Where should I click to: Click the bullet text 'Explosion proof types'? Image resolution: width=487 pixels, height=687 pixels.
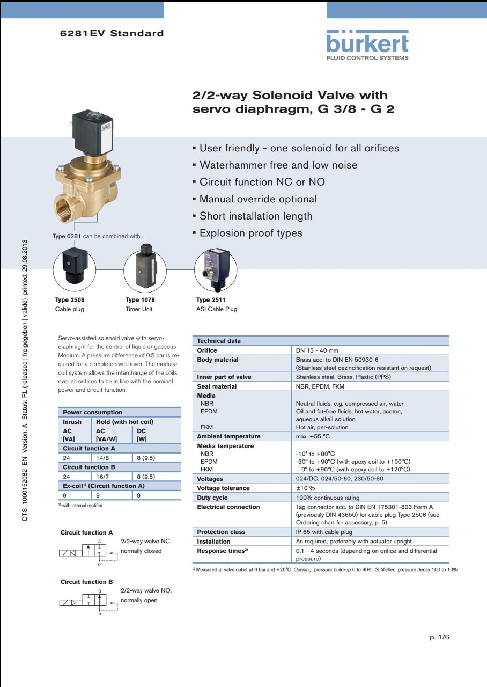click(250, 233)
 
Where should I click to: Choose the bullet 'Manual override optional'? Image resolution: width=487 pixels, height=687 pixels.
click(257, 199)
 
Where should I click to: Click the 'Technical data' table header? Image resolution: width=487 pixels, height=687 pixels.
click(219, 341)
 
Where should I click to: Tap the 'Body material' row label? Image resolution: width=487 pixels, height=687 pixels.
click(218, 360)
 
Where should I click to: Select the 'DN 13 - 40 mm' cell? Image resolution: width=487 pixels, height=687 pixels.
click(317, 350)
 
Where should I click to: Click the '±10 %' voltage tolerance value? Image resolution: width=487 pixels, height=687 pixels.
click(305, 488)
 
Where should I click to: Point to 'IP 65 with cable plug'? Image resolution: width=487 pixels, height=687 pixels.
click(324, 532)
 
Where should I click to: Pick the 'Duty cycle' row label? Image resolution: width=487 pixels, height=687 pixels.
click(212, 498)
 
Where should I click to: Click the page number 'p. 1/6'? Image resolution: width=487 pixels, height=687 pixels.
click(439, 637)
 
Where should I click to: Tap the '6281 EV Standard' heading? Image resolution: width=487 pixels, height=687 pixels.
click(112, 33)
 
